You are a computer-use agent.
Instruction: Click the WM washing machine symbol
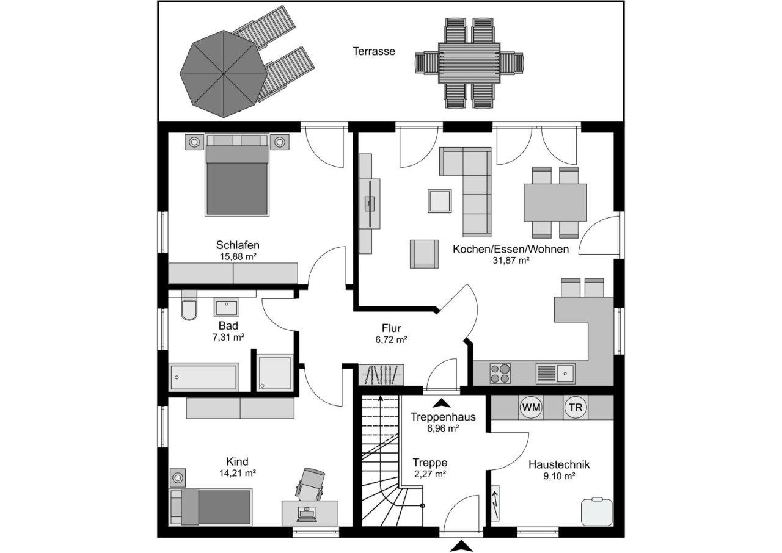click(531, 407)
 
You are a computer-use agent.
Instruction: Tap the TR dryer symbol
click(574, 407)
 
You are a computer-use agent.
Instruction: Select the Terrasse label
click(373, 51)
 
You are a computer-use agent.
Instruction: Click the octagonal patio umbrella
click(223, 73)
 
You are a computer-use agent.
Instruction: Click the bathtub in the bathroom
click(203, 377)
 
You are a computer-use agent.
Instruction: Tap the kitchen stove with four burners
click(500, 373)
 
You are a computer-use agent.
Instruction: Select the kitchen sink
click(555, 373)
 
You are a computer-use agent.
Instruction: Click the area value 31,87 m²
click(510, 260)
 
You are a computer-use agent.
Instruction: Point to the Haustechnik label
click(559, 464)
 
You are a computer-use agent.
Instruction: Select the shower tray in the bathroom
click(274, 372)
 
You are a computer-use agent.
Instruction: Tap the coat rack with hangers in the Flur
click(381, 374)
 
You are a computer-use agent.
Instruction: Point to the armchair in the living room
click(424, 253)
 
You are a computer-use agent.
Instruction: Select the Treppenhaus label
click(443, 417)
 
